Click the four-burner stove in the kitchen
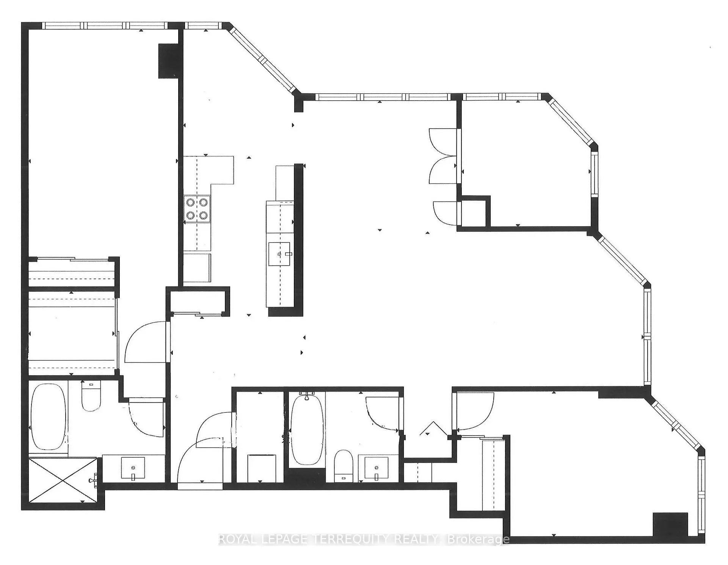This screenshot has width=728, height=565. click(197, 209)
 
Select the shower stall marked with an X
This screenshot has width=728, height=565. click(63, 480)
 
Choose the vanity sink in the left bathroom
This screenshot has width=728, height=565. click(133, 468)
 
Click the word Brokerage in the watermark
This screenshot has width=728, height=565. click(479, 539)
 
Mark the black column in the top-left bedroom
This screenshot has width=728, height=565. click(168, 61)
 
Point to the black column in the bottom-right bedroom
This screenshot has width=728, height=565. click(670, 524)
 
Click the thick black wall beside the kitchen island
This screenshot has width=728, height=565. click(299, 240)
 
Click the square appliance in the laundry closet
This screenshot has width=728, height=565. click(261, 468)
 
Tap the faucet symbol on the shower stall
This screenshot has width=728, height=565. click(93, 481)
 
